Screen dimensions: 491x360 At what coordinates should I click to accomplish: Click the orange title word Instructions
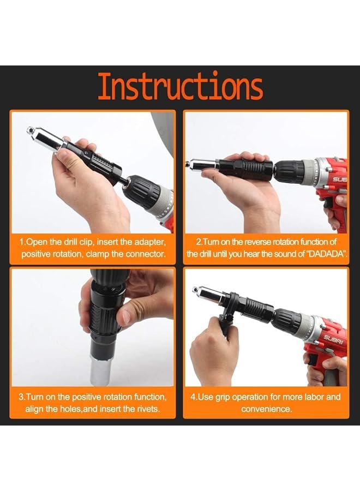tap(180, 87)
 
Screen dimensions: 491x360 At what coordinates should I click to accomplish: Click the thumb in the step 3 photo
tap(130, 314)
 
